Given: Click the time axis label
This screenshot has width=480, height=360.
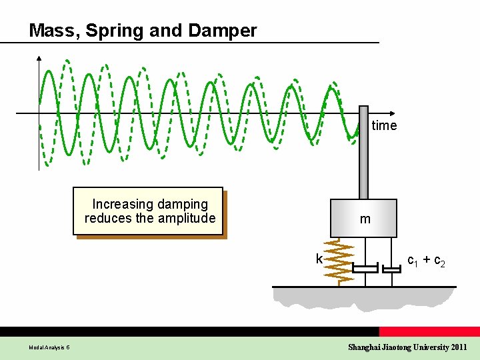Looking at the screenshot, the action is pos(384,125).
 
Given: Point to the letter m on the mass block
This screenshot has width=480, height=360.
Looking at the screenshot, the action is pos(365,219).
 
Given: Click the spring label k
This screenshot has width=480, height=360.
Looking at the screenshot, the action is pos(319,259).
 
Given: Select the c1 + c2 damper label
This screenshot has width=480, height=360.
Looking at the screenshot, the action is pos(426,261).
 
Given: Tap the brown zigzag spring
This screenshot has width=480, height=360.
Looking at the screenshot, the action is pos(339,263).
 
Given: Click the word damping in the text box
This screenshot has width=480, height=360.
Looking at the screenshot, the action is pos(181,204).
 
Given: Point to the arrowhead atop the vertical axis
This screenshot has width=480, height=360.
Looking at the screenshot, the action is pos(39,58).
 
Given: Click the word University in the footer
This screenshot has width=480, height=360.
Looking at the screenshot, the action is pos(429,347).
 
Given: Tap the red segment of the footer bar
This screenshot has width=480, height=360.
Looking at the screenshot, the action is pos(429,331).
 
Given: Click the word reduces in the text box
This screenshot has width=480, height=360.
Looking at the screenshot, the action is pos(107,218).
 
